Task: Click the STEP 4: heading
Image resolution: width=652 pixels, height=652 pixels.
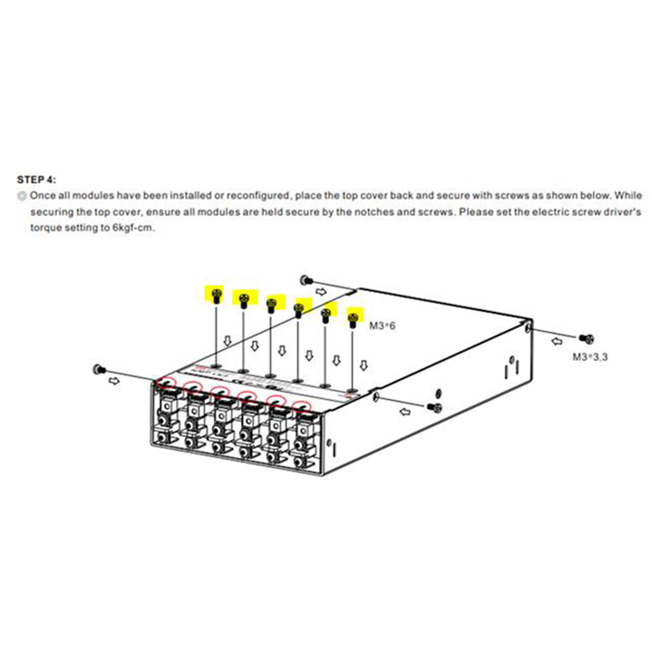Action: pos(37,180)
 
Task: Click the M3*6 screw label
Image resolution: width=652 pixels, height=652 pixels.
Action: pos(382,326)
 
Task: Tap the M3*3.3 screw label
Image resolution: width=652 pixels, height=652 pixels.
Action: pos(590,356)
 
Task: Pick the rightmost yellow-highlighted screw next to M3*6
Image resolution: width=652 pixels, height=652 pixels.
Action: pos(353,320)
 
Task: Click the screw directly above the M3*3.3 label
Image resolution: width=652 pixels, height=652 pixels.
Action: pos(587,338)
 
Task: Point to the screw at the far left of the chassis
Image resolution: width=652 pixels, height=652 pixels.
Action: pos(99,369)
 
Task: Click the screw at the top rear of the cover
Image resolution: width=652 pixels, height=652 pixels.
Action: pos(307,279)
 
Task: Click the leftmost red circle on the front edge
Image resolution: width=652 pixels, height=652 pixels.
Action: pos(166,383)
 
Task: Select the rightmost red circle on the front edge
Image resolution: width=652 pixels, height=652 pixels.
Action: pos(302,406)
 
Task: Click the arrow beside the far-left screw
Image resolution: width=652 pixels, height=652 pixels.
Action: pos(114,381)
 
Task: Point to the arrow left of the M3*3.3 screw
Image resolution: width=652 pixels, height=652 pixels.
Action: pos(557,341)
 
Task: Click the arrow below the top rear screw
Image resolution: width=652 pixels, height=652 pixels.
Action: pos(322,291)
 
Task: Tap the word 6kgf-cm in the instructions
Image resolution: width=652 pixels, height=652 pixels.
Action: pos(133,227)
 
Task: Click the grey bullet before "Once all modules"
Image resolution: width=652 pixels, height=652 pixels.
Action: pos(22,196)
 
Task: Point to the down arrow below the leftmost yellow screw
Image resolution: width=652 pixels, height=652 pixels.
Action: pos(228,341)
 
